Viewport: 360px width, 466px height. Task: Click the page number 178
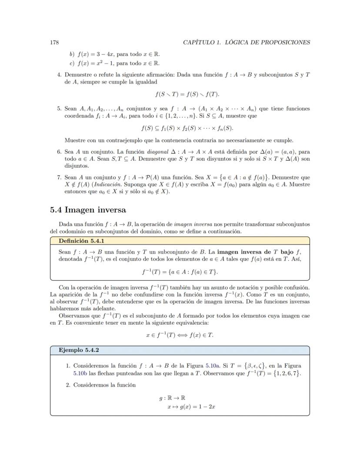[54, 42]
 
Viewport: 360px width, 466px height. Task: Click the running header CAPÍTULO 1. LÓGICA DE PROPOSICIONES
[247, 42]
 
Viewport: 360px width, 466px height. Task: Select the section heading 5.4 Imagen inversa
[88, 210]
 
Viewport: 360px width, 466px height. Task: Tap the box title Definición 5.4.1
[81, 241]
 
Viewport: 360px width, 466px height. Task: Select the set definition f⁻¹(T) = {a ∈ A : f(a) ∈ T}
[180, 272]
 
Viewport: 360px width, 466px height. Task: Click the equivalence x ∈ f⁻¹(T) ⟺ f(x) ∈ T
[180, 335]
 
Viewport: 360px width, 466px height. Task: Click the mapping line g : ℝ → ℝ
[172, 398]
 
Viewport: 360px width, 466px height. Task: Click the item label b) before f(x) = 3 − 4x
[72, 54]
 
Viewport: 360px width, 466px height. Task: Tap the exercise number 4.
[60, 74]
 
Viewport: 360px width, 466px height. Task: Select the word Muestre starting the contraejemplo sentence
[75, 140]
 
